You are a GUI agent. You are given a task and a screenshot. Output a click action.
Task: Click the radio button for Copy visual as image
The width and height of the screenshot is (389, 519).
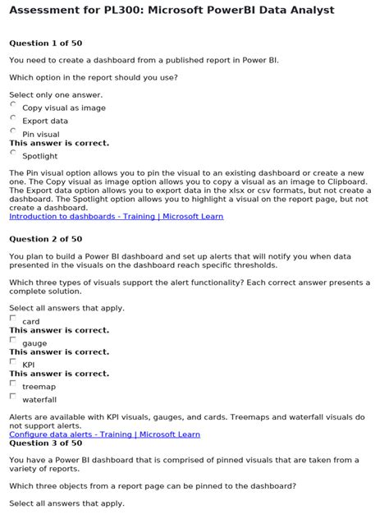pyautogui.click(x=13, y=104)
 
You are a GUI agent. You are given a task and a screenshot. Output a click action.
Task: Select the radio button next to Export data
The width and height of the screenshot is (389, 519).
pyautogui.click(x=13, y=117)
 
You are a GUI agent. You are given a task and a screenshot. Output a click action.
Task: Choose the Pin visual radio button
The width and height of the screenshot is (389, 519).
pyautogui.click(x=13, y=131)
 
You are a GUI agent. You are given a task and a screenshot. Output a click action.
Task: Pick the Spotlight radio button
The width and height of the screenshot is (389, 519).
pyautogui.click(x=13, y=152)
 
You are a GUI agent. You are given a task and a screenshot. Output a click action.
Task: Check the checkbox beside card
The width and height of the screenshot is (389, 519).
pyautogui.click(x=13, y=318)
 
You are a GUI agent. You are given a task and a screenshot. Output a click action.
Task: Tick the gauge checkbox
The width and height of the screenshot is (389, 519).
pyautogui.click(x=13, y=339)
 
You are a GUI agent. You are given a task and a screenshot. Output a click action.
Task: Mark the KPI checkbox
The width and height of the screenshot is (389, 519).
pyautogui.click(x=13, y=361)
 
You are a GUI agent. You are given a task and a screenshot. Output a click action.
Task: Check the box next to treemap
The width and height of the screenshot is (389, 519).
pyautogui.click(x=13, y=383)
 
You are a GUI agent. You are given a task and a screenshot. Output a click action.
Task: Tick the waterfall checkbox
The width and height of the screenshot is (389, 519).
pyautogui.click(x=13, y=396)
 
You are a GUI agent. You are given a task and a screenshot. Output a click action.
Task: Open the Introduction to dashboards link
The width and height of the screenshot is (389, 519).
pyautogui.click(x=116, y=217)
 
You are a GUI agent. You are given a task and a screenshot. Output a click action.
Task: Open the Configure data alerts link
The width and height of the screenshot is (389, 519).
pyautogui.click(x=104, y=434)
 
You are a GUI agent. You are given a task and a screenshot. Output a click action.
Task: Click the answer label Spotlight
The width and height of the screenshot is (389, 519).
pyautogui.click(x=39, y=156)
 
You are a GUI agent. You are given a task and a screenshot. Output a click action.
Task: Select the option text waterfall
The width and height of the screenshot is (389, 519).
pyautogui.click(x=39, y=400)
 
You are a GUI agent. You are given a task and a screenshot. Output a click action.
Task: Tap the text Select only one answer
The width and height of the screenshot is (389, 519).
pyautogui.click(x=56, y=95)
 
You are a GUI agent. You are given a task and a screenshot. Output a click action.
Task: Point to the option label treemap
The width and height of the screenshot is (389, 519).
pyautogui.click(x=39, y=387)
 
